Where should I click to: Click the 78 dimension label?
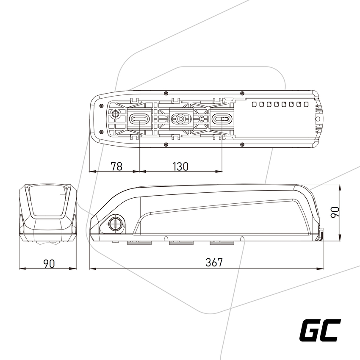116,166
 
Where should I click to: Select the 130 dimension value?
180,166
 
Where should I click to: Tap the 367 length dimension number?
214,263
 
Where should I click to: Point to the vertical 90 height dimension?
335,212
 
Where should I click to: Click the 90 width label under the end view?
49,263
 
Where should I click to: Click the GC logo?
320,330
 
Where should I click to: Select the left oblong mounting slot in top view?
139,119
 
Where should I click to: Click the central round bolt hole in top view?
180,119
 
